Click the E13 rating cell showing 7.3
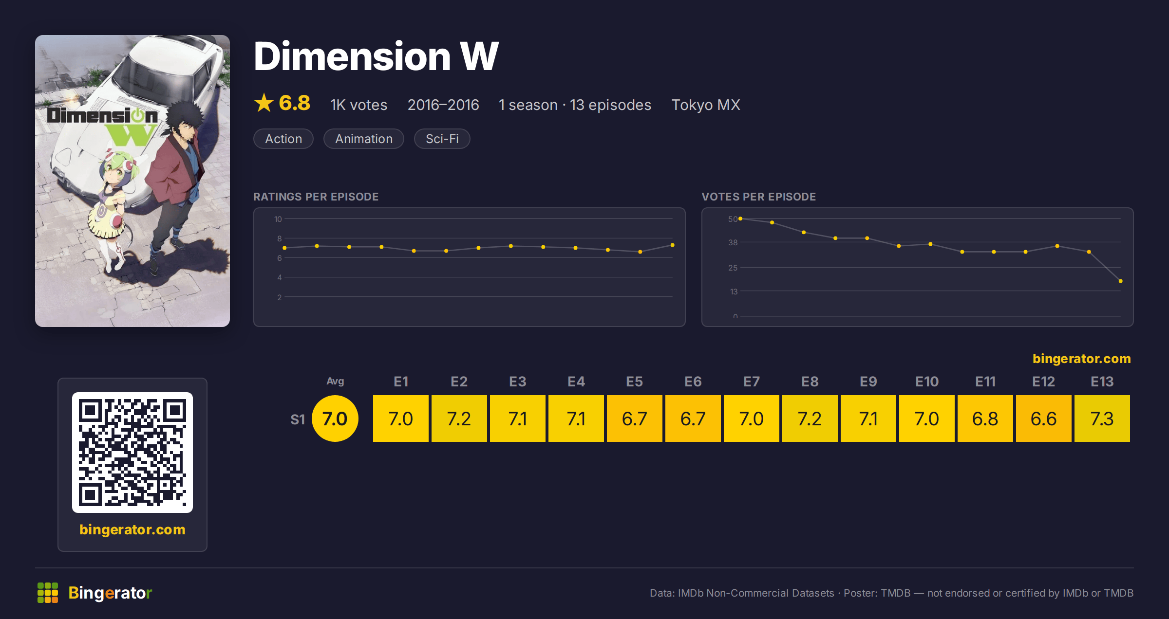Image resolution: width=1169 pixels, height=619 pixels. point(1102,419)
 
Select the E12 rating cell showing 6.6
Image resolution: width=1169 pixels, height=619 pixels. point(1043,419)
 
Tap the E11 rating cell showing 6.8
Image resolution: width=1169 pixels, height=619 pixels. point(985,419)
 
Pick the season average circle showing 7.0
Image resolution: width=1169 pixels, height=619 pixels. point(335,419)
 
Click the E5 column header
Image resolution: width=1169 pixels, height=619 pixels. point(634,382)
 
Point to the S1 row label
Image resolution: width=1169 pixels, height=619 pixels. point(298,419)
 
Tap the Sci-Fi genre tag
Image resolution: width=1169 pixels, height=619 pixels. point(442,139)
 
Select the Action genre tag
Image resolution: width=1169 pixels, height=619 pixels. point(283,139)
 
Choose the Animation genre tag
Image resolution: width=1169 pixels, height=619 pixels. point(364,139)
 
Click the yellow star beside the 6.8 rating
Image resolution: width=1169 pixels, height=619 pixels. point(264,103)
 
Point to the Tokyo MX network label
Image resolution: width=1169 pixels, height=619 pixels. point(706,105)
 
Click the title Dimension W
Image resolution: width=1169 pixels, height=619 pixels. point(376,56)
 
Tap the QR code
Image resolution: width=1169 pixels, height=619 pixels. point(132,453)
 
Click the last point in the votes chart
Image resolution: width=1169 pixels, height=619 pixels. point(1121,281)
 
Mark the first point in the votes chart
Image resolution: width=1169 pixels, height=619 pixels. point(740,218)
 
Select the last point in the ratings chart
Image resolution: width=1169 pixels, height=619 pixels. point(673,245)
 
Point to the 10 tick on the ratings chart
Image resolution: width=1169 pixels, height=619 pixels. point(278,219)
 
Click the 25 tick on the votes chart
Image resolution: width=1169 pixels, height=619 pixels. point(733,268)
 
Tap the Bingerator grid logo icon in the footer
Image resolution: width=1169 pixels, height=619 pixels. point(48,593)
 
